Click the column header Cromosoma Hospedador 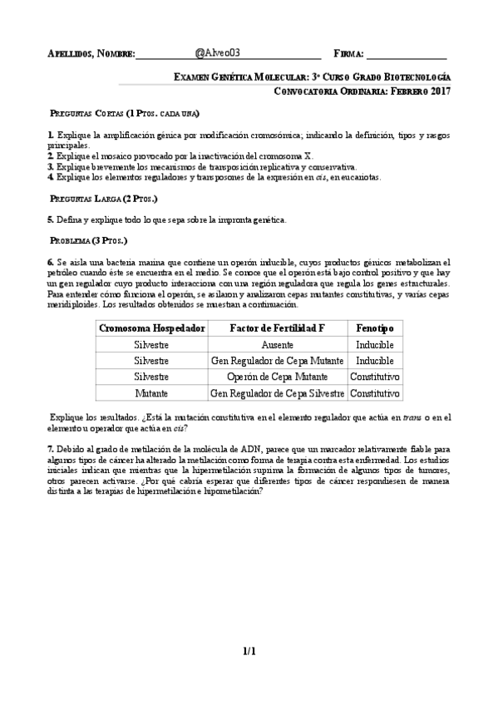151,328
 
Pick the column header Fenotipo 375,328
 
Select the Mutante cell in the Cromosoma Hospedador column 151,392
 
